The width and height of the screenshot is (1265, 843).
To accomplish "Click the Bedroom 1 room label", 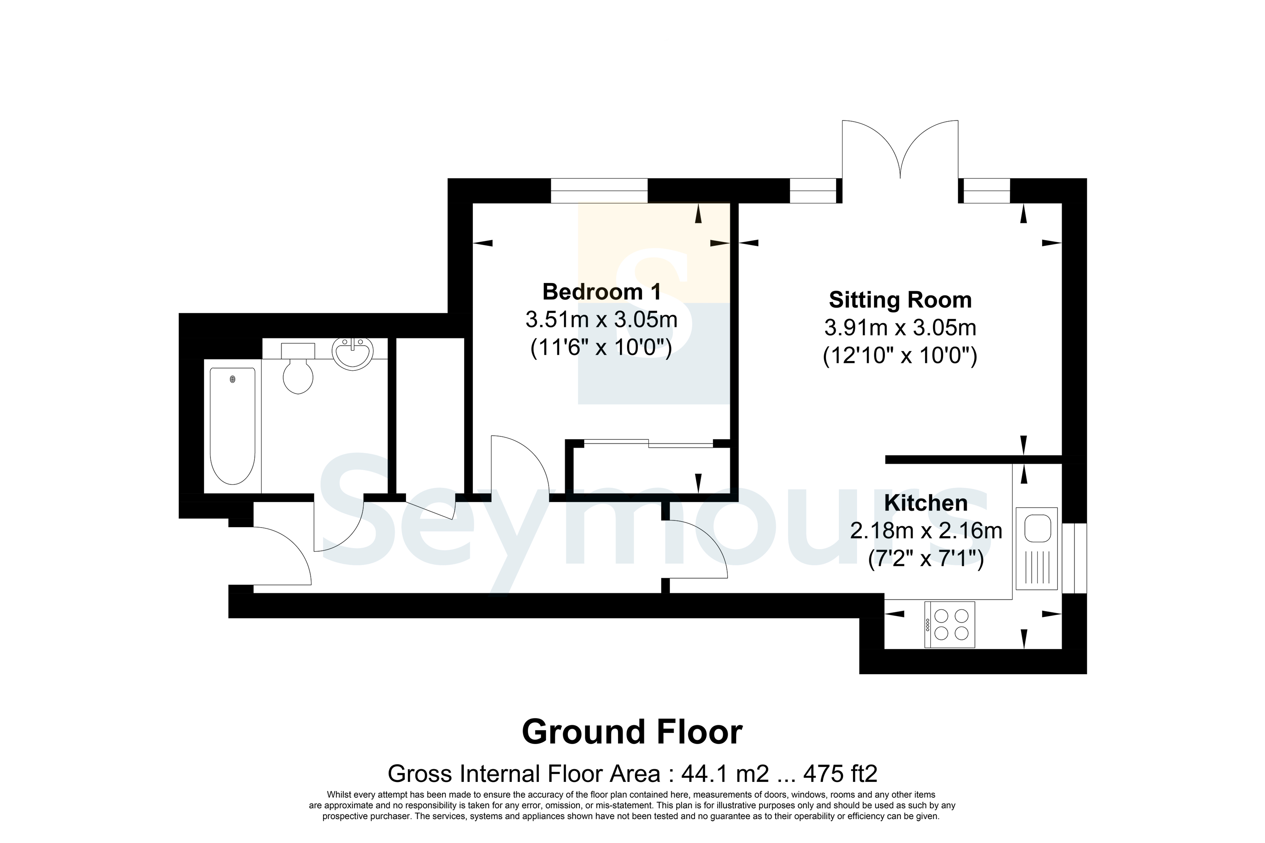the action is click(601, 292).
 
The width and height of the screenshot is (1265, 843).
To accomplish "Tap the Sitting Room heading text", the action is click(900, 300).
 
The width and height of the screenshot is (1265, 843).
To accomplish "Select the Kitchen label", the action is click(926, 503).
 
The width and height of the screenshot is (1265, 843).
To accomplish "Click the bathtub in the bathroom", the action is click(232, 426).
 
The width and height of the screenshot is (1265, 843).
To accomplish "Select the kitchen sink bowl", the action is click(1037, 529).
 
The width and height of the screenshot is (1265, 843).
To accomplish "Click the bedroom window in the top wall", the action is click(599, 190).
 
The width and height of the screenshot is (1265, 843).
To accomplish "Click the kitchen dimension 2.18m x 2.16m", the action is click(926, 531).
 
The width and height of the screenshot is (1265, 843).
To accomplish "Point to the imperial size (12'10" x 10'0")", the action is click(900, 356).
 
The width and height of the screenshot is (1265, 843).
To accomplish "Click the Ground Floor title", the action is click(632, 732).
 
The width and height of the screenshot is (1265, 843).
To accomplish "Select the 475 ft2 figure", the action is click(840, 774).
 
